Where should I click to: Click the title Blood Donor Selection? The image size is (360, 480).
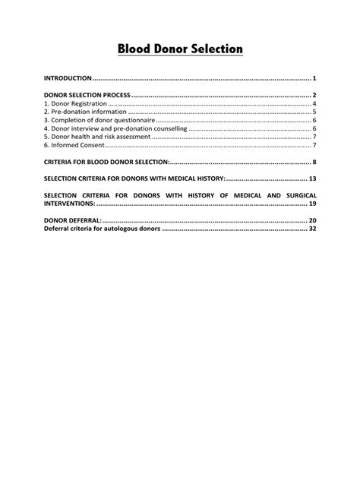pyautogui.click(x=180, y=49)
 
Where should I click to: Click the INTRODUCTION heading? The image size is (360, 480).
pyautogui.click(x=68, y=78)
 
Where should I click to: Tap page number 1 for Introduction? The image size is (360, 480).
pyautogui.click(x=314, y=78)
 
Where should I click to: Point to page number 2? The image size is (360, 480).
pyautogui.click(x=314, y=95)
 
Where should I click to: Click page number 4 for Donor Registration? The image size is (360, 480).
pyautogui.click(x=314, y=103)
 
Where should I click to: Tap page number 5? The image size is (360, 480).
pyautogui.click(x=314, y=112)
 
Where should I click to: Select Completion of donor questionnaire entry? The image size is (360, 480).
pyautogui.click(x=98, y=120)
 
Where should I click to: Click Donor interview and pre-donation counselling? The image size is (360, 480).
pyautogui.click(x=115, y=128)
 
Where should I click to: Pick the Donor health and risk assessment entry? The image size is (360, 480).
pyautogui.click(x=96, y=137)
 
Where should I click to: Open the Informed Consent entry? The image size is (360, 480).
pyautogui.click(x=74, y=145)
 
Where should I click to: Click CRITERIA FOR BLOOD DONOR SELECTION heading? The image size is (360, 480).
pyautogui.click(x=107, y=163)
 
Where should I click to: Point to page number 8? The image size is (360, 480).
pyautogui.click(x=314, y=163)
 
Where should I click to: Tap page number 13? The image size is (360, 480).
pyautogui.click(x=312, y=178)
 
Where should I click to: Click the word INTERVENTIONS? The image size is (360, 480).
pyautogui.click(x=70, y=204)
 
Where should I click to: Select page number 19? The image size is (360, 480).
pyautogui.click(x=312, y=204)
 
